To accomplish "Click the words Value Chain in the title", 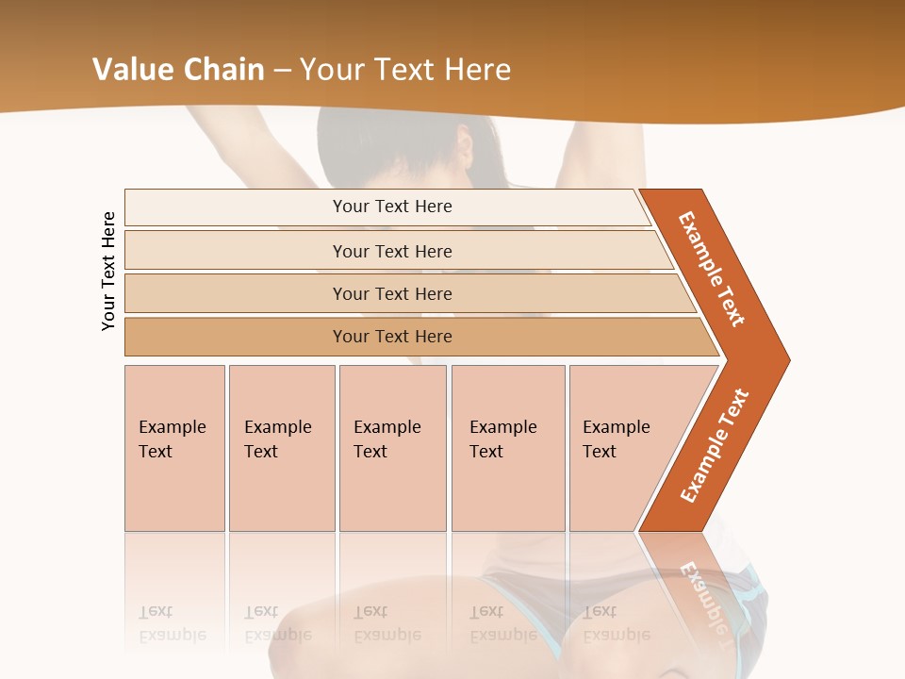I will pos(178,69).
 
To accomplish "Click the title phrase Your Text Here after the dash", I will pos(405,69).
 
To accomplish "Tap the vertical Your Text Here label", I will pos(108,271).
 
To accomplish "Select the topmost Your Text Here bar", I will pos(391,207).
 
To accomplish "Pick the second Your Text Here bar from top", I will pos(391,251).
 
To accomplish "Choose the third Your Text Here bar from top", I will pos(391,293).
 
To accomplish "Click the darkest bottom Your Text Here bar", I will pos(391,337).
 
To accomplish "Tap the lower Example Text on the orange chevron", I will pos(715,445).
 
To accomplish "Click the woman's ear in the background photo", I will pos(463,147).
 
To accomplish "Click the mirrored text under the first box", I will pos(173,623).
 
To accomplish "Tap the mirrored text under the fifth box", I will pos(617,623).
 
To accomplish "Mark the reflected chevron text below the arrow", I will pos(705,594).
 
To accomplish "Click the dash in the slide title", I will pos(282,69).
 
